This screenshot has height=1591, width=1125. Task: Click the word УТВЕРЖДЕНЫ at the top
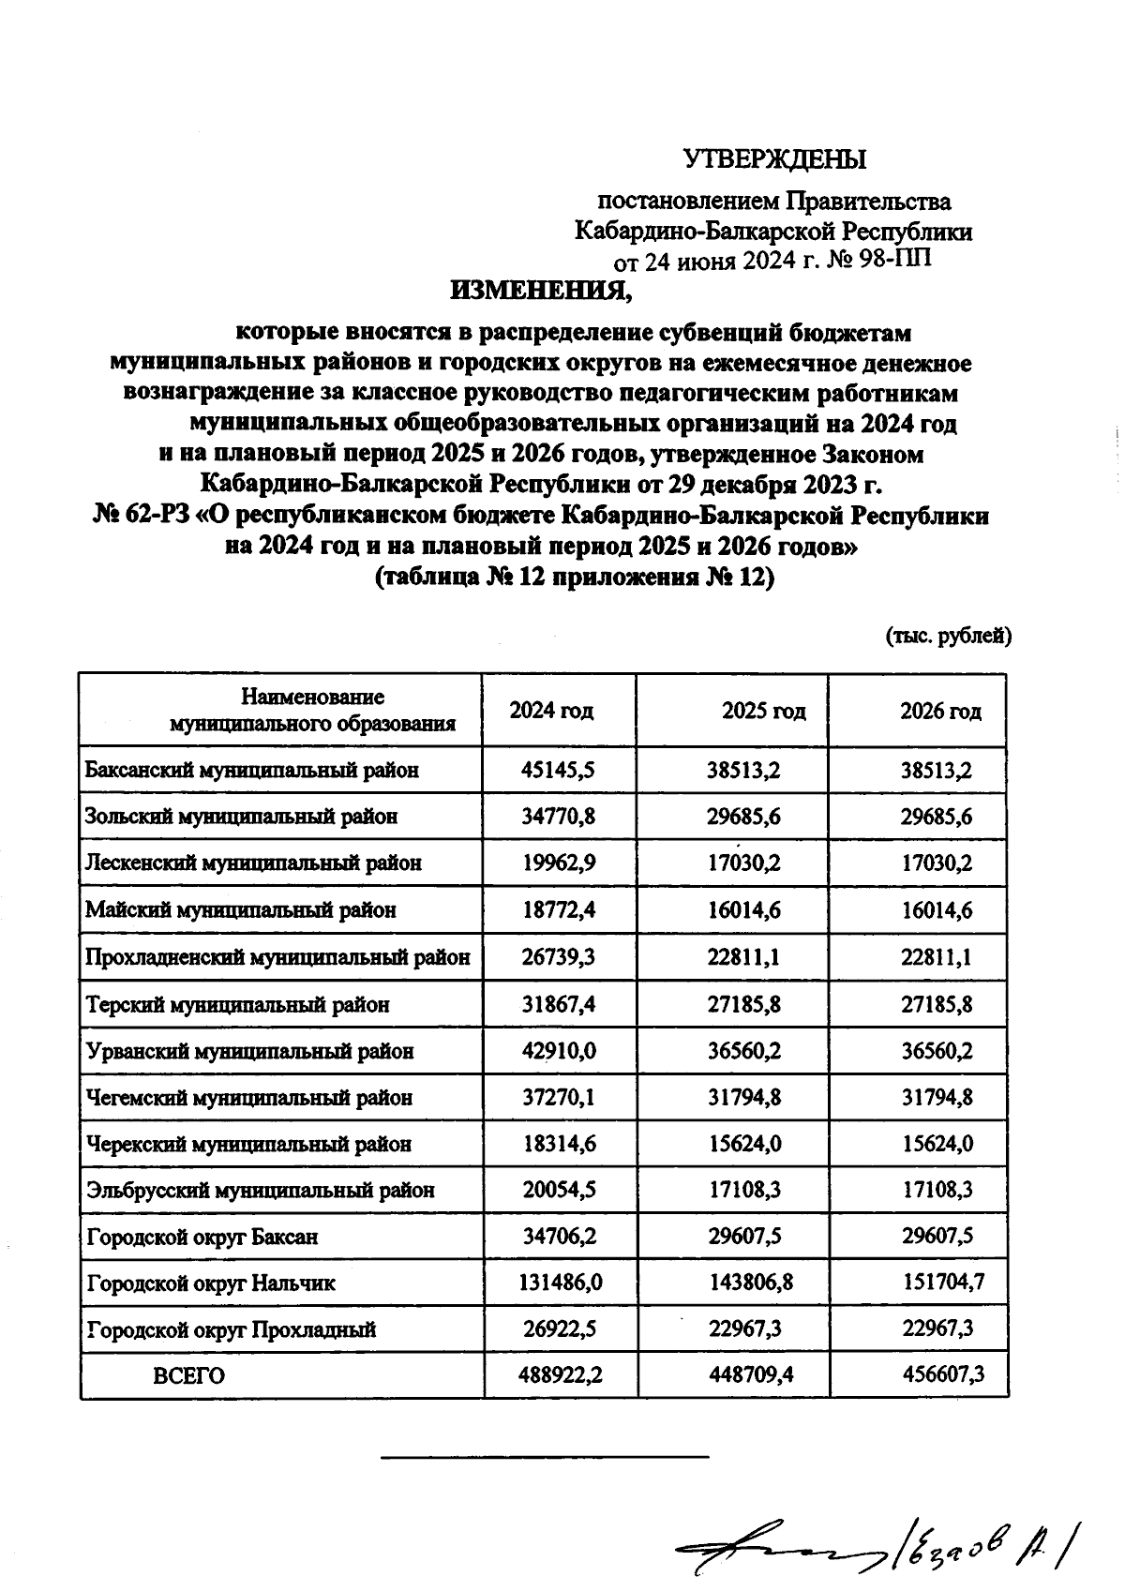pos(774,159)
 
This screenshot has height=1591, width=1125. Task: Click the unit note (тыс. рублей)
pos(948,637)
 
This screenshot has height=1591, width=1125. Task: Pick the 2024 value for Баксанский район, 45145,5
pos(559,771)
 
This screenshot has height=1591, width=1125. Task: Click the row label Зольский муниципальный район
pos(241,817)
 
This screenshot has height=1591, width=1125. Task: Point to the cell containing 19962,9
pos(559,863)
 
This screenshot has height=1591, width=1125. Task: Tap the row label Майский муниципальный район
pos(240,910)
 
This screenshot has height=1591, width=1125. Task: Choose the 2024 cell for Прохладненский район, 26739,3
pos(559,958)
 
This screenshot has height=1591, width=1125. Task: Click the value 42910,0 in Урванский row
pos(559,1051)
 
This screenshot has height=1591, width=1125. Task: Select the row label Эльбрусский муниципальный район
pos(260,1191)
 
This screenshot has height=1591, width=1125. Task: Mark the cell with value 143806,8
pos(750,1283)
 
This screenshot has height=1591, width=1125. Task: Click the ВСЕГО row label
pos(188,1376)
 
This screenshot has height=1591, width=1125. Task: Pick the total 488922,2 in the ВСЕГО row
pos(560,1376)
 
